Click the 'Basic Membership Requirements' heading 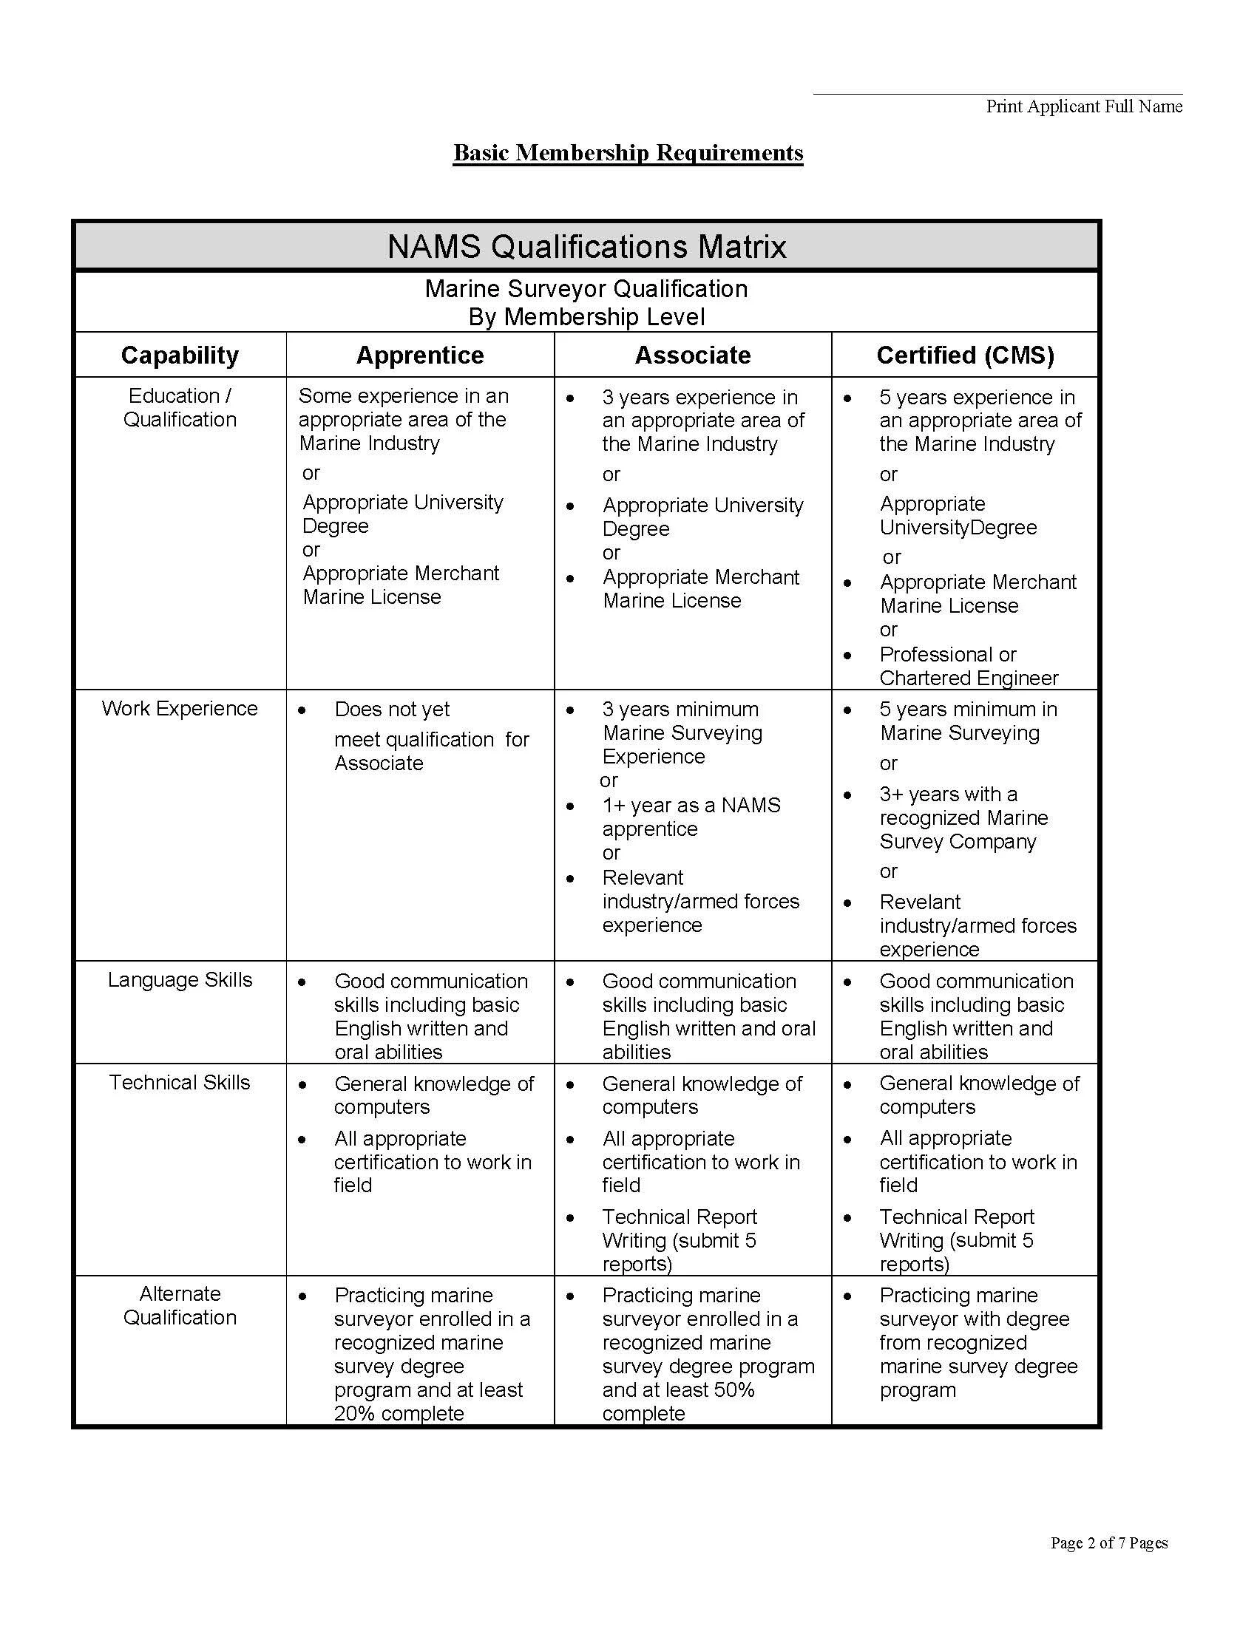(x=628, y=153)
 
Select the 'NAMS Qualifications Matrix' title (x=586, y=246)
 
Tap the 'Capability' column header (x=180, y=355)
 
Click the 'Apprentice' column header (x=419, y=355)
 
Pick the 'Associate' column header (x=692, y=355)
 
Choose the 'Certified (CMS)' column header (x=965, y=355)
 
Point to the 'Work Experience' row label (x=180, y=708)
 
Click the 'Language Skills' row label (x=180, y=980)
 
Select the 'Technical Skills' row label (x=180, y=1083)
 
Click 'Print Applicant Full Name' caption (x=1083, y=106)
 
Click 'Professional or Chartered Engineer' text (x=967, y=667)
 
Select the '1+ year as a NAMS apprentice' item (x=691, y=817)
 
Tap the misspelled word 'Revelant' (x=920, y=902)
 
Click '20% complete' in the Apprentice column (x=399, y=1413)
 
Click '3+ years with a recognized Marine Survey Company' (x=963, y=817)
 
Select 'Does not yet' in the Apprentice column (x=392, y=710)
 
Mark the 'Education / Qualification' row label (x=180, y=407)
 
